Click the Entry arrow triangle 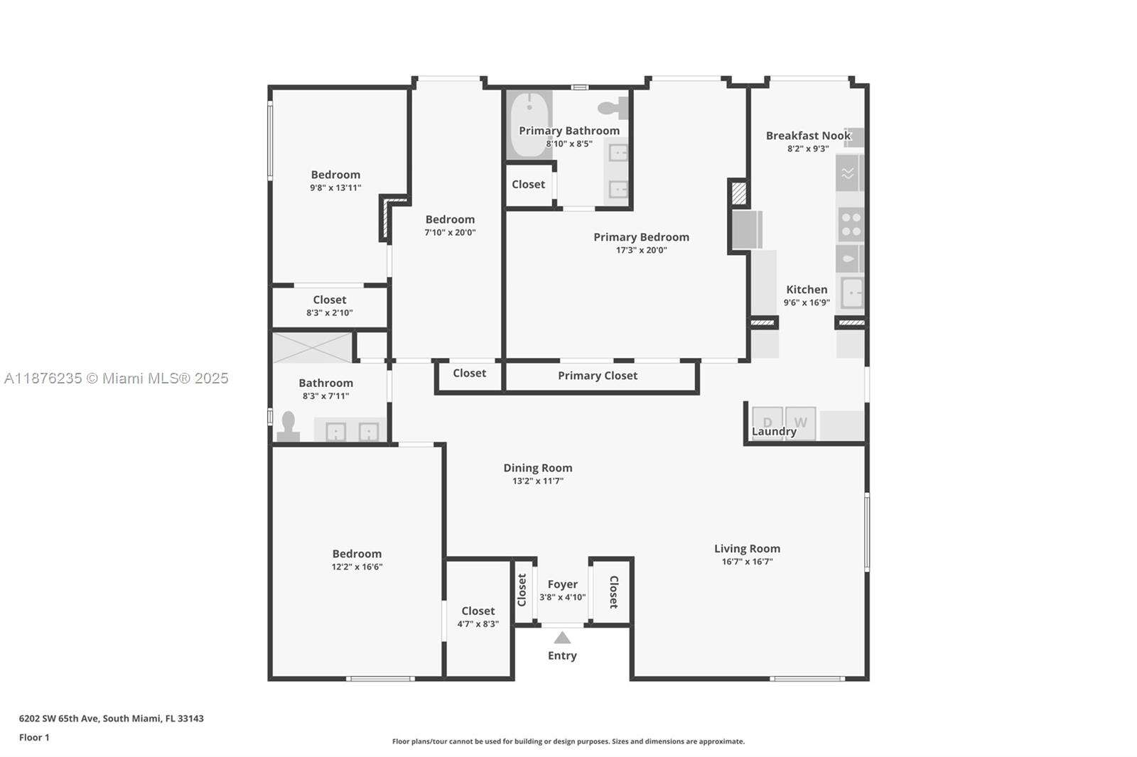click(x=562, y=638)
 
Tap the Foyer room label click(x=562, y=584)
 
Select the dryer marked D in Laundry click(x=767, y=423)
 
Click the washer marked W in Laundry click(x=800, y=423)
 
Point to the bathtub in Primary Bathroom click(x=529, y=124)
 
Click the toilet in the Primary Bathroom click(x=613, y=107)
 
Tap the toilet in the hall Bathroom click(x=288, y=426)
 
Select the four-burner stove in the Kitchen click(x=850, y=224)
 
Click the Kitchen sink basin click(x=852, y=293)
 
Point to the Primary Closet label click(x=598, y=376)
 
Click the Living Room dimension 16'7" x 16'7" click(x=747, y=562)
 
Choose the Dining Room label click(x=537, y=468)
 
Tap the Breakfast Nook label click(x=808, y=136)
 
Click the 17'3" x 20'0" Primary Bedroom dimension click(x=641, y=250)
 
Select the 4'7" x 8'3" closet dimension click(x=478, y=624)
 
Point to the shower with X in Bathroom click(x=312, y=347)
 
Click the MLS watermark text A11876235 click(x=43, y=378)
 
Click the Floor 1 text click(x=34, y=738)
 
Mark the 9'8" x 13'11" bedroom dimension click(x=335, y=187)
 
